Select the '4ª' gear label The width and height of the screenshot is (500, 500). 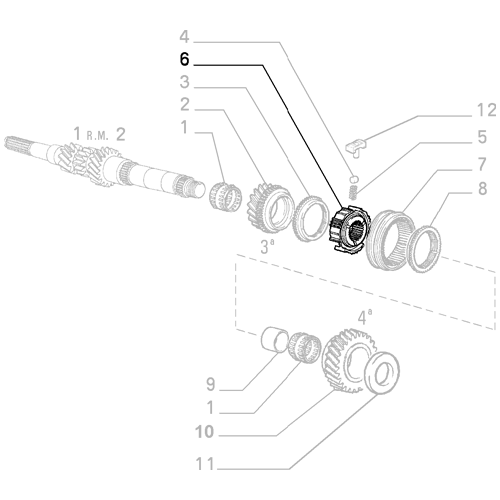coord(364,318)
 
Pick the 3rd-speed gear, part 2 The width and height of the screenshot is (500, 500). coord(267,204)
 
